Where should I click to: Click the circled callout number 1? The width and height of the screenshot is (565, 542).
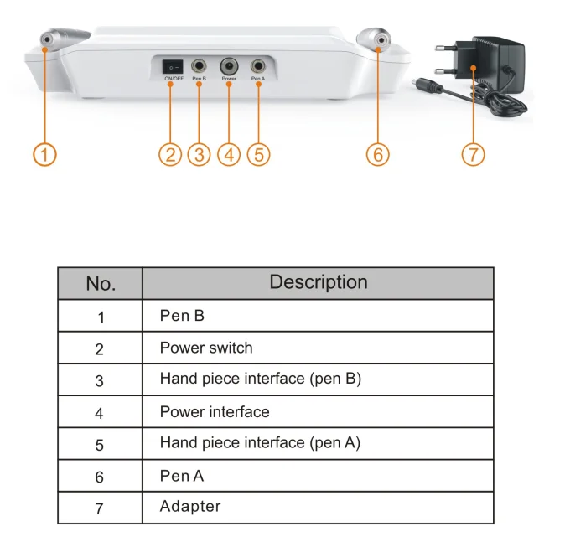(46, 155)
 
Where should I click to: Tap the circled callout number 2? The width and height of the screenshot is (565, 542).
(170, 155)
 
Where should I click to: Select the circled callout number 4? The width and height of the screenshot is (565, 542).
(229, 155)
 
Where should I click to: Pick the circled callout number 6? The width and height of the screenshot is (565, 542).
(378, 155)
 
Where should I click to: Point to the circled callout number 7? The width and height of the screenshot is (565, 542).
(474, 155)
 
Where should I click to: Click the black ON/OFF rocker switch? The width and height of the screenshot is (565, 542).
(174, 65)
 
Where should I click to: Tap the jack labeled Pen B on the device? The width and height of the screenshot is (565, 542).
(200, 65)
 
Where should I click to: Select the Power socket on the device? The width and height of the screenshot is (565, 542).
(229, 65)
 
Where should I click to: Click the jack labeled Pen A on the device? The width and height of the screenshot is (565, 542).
(258, 65)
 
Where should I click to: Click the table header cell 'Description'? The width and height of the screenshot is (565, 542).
(318, 283)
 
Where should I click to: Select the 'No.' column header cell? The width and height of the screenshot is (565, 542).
(101, 284)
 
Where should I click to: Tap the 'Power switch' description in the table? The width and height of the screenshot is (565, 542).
(206, 348)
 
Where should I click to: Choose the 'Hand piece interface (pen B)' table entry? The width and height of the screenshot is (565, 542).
(260, 379)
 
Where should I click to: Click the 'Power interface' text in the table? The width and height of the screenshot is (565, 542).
(215, 411)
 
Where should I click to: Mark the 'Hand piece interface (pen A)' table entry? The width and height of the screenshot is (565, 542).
(260, 442)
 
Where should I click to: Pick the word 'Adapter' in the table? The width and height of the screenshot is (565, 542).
(190, 506)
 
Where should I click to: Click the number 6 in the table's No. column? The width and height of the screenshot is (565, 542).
(100, 477)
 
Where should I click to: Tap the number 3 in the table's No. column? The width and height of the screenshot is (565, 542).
(100, 380)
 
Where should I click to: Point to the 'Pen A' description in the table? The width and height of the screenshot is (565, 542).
(182, 476)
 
